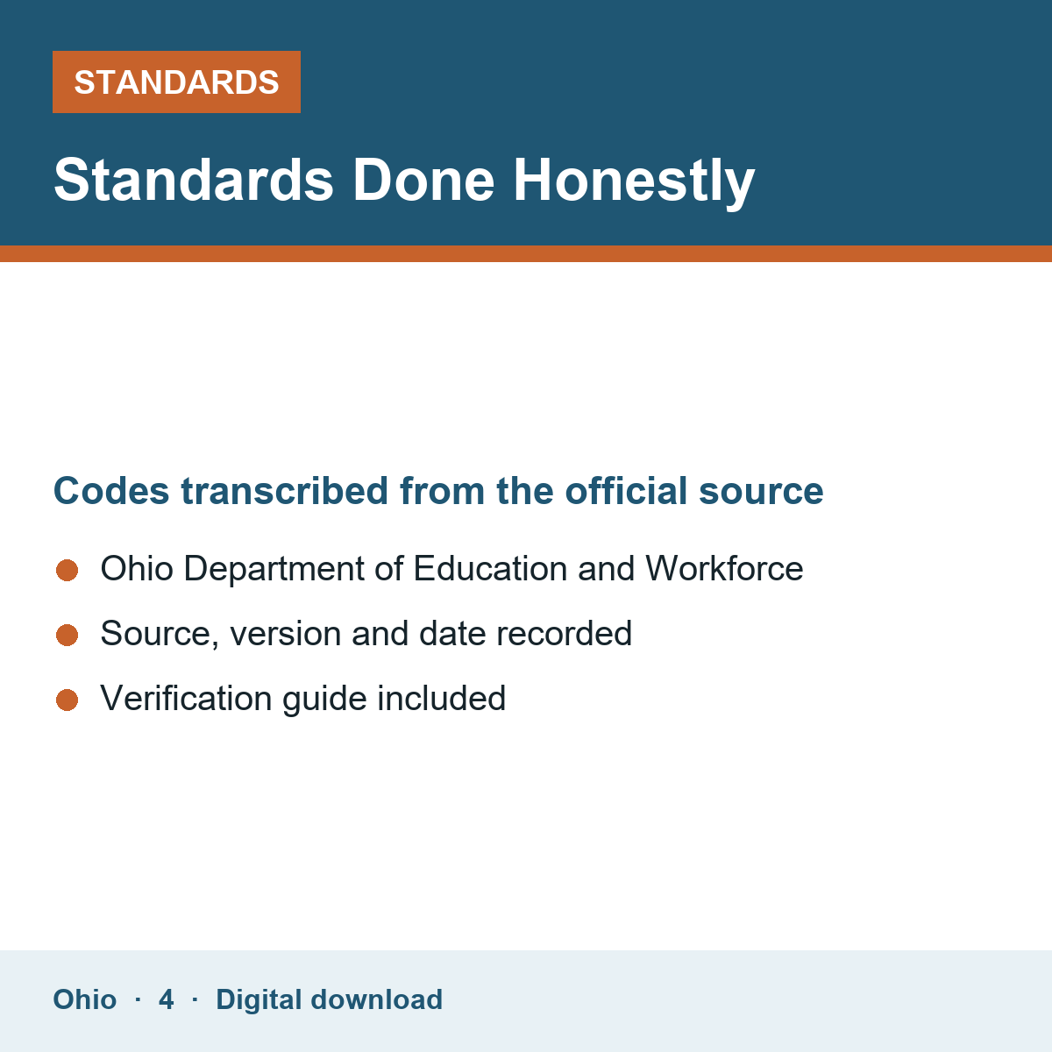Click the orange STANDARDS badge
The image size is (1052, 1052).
176,82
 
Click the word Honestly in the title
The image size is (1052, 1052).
634,181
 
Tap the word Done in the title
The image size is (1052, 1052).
423,181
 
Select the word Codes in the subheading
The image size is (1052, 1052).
111,491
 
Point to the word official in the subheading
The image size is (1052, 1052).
626,490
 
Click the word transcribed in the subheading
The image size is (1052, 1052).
284,491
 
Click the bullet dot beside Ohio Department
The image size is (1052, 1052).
68,570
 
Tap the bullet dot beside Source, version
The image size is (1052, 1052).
68,635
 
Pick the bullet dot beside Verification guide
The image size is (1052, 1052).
68,700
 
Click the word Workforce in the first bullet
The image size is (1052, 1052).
724,568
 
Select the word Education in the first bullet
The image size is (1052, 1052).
490,568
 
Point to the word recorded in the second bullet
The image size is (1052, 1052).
564,633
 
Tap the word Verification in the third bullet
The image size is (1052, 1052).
186,698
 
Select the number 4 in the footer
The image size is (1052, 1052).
166,999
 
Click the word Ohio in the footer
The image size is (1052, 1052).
85,999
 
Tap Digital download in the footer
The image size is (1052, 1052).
330,1000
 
